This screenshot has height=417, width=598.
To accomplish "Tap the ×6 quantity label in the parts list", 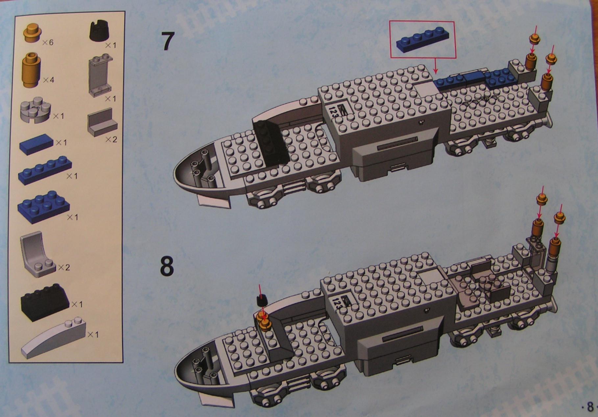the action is (48, 42).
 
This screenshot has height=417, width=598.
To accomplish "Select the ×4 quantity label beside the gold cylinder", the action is (49, 80).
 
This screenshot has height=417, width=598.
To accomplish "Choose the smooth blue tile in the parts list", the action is (36, 145).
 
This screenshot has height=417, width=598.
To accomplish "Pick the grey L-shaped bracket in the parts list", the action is (102, 122).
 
